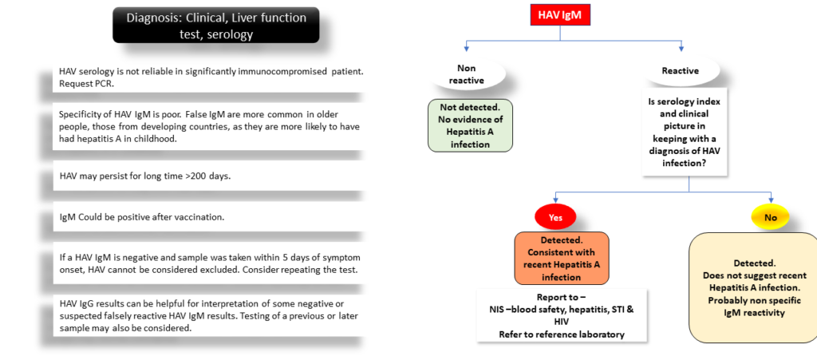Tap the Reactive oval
[x=681, y=70]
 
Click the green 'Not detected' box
[x=470, y=125]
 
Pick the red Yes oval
[x=555, y=218]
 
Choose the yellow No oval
[x=770, y=217]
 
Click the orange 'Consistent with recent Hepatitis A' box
[x=562, y=259]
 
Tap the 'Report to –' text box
[x=561, y=316]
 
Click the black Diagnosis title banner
[x=215, y=25]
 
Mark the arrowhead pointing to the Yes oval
[x=555, y=200]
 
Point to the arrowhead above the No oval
[x=770, y=200]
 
